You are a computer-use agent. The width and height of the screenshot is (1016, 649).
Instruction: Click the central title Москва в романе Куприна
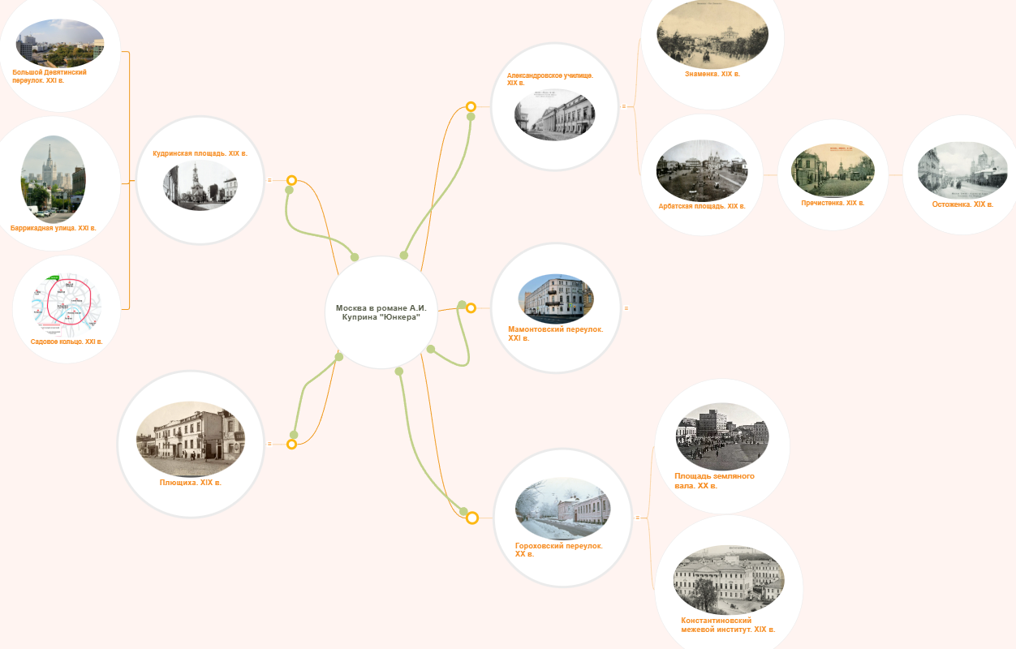coord(381,312)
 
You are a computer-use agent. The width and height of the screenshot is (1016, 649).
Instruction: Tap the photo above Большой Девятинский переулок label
coord(60,43)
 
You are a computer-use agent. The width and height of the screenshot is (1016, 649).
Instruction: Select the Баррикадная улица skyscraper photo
coord(53,179)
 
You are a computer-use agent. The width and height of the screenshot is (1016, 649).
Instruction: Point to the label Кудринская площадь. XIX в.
coord(200,153)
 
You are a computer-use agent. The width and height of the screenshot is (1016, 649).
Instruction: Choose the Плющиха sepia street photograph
coord(191,439)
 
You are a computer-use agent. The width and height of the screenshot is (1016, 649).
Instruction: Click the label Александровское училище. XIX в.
coord(549,79)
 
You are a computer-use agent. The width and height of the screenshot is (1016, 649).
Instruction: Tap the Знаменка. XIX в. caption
coord(712,74)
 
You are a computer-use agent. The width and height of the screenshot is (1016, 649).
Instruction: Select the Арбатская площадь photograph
coord(702,170)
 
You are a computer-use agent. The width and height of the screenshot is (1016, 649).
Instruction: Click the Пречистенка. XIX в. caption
coord(833,203)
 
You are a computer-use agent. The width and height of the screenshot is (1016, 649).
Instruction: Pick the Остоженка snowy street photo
coord(962,170)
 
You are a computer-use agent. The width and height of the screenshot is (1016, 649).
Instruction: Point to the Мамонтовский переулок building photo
coord(556,299)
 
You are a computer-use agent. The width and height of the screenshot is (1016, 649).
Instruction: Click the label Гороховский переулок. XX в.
coord(558,550)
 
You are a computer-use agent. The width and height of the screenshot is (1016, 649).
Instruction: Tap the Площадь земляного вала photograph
coord(722,436)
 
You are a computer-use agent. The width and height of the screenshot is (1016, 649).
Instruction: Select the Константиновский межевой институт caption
coord(728,625)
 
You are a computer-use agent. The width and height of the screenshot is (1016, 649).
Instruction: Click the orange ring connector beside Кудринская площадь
coord(291,180)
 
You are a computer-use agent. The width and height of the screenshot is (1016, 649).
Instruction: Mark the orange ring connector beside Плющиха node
coord(291,445)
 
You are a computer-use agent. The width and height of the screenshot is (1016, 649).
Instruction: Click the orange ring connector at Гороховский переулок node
coord(472,518)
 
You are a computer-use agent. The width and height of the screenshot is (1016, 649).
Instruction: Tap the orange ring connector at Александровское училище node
coord(471,106)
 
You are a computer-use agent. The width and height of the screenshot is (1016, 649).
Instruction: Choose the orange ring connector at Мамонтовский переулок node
coord(471,308)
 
